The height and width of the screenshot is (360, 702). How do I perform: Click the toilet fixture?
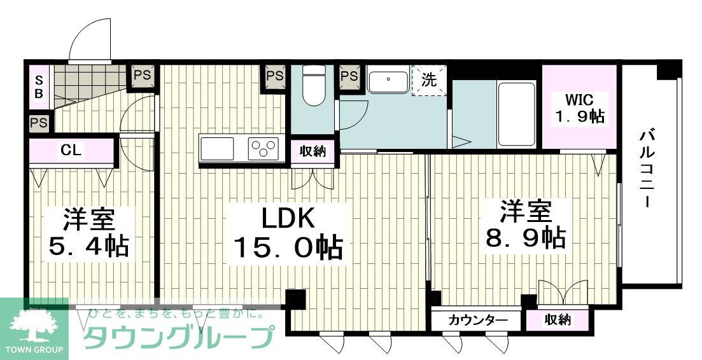point(312,87)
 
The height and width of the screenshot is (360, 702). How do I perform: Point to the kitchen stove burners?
point(263,149)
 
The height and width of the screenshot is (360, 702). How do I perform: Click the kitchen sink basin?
point(218,149)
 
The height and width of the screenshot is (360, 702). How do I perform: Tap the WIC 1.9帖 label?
point(579,108)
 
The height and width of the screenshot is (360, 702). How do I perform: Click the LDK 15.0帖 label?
point(288,233)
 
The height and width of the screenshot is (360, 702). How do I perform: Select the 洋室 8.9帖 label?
point(525,225)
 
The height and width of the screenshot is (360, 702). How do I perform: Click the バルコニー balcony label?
point(648,167)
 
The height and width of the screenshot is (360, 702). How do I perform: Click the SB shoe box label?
point(39,87)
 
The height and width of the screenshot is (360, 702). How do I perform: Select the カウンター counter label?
point(478,320)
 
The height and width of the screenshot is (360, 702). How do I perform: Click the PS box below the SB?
point(39,123)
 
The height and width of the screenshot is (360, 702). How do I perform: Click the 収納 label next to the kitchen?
point(312,151)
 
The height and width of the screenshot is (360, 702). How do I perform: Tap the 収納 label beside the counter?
point(558,320)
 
